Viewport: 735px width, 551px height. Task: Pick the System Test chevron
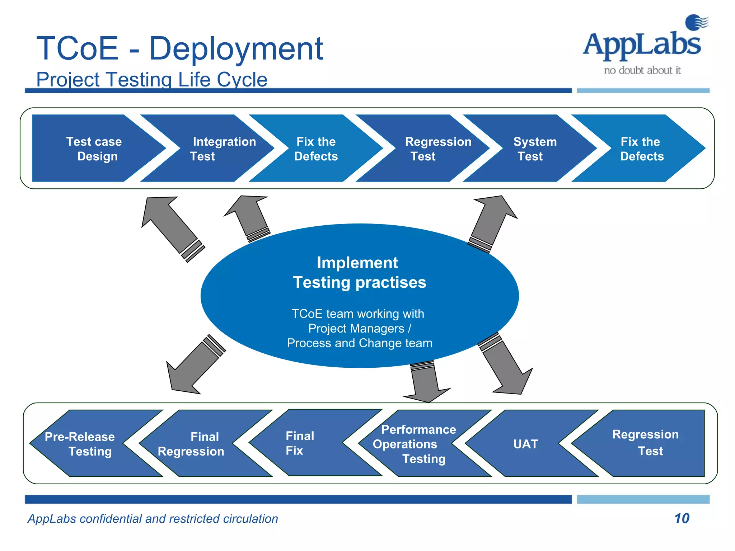(x=535, y=149)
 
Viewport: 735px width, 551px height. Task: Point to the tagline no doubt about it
(x=642, y=70)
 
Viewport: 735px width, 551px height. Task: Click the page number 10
(x=681, y=518)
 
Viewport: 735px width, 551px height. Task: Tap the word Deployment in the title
(x=236, y=48)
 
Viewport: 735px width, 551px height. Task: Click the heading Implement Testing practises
(x=359, y=273)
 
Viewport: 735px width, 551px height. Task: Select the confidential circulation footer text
(x=153, y=519)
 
